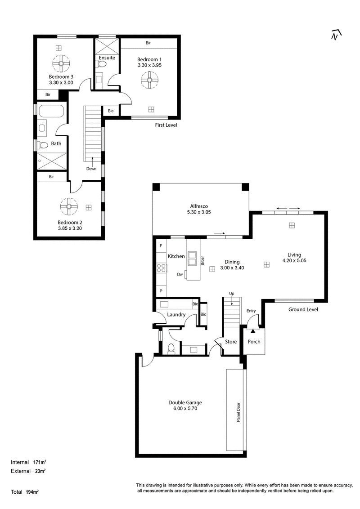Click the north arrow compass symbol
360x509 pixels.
click(336, 35)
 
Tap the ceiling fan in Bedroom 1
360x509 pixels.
click(149, 80)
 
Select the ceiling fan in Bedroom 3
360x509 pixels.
click(61, 64)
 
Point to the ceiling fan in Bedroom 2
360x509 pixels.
click(69, 206)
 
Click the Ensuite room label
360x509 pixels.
click(107, 58)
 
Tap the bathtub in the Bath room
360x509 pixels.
click(51, 111)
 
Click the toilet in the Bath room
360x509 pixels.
click(43, 144)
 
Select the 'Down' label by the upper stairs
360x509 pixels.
click(91, 169)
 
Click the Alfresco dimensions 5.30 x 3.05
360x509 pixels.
click(199, 212)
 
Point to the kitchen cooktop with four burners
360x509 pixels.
click(162, 268)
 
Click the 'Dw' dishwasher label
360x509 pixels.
click(180, 275)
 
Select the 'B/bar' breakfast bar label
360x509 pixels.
click(202, 261)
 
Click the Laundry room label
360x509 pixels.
click(176, 315)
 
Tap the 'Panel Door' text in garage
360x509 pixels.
click(238, 412)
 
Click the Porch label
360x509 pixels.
click(254, 341)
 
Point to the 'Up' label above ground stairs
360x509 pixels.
click(232, 294)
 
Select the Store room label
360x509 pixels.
click(231, 341)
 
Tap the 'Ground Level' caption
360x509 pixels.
click(303, 309)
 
